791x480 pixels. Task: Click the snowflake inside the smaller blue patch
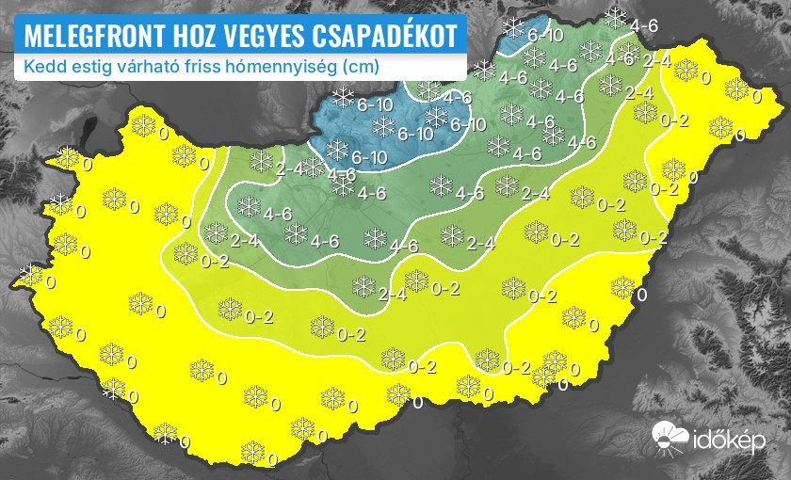pyautogui.click(x=514, y=27)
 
